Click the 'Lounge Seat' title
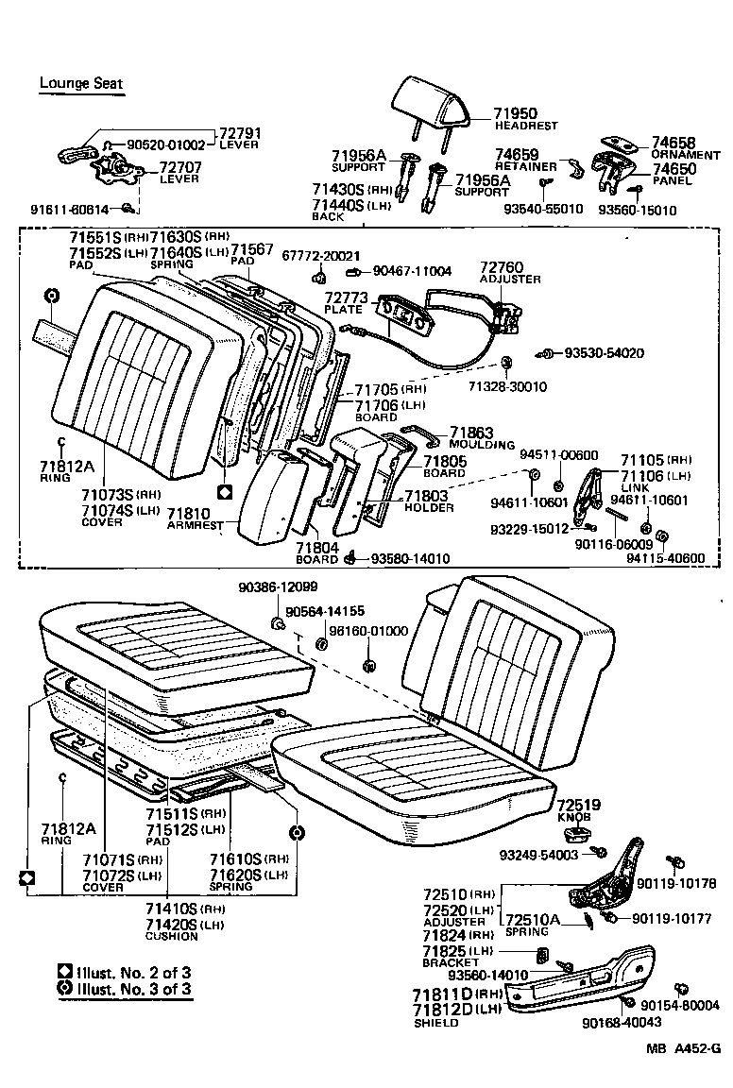tap(80, 83)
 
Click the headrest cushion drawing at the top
tap(434, 101)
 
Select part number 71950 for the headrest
tap(515, 114)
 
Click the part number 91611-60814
tap(69, 209)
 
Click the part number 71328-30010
tap(508, 387)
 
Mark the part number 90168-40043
tap(622, 1022)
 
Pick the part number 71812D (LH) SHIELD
tap(446, 1011)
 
